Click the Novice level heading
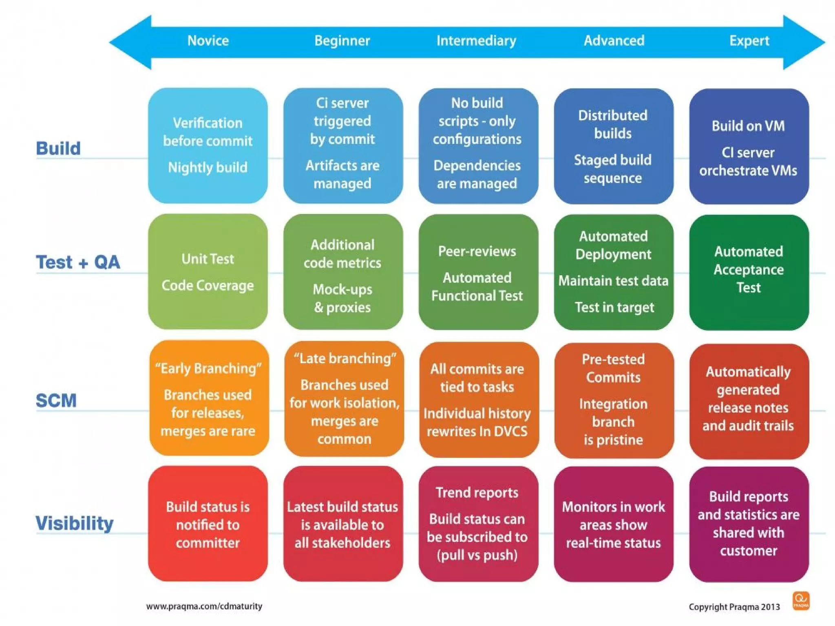[208, 41]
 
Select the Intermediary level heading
[476, 41]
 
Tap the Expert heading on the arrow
[749, 41]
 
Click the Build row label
[58, 148]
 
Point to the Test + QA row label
[78, 262]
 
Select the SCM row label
[56, 400]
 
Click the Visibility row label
[74, 523]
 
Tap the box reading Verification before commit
[208, 145]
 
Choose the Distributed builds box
[613, 146]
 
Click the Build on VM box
[749, 147]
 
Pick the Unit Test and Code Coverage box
[208, 272]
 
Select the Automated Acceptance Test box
[749, 272]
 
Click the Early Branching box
[209, 398]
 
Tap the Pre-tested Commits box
[614, 400]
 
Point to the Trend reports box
[478, 524]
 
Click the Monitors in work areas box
[613, 524]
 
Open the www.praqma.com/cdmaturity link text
[204, 606]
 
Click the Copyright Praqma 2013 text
[734, 607]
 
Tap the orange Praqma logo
[801, 601]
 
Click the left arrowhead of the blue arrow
[130, 42]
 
